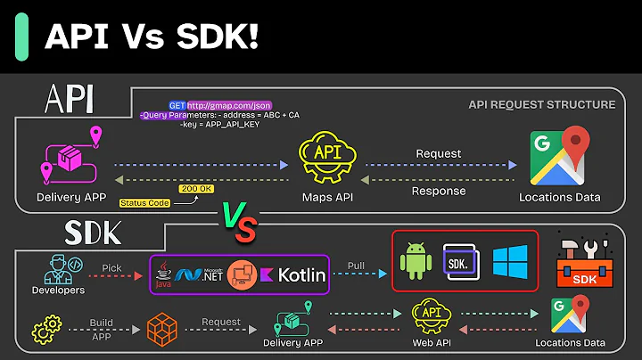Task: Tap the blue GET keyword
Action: click(177, 105)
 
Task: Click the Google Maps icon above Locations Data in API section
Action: click(560, 156)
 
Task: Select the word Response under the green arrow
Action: click(438, 191)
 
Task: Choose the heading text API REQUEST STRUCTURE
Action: click(541, 105)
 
